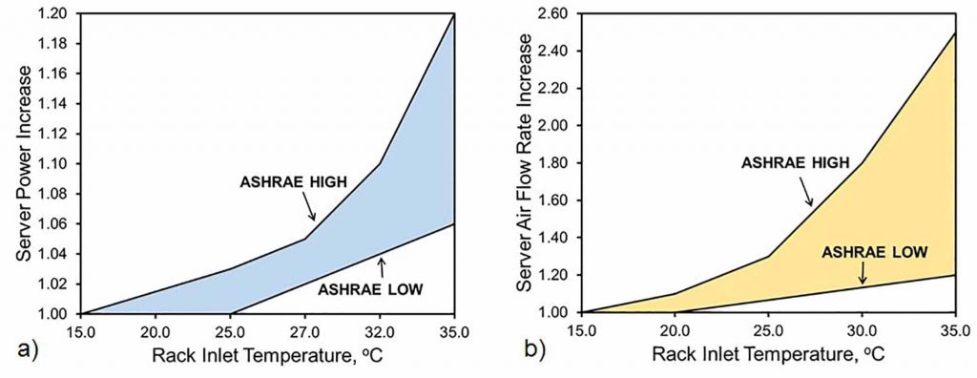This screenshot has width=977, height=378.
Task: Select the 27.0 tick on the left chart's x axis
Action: pyautogui.click(x=304, y=330)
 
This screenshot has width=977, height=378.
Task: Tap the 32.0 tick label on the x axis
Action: pyautogui.click(x=379, y=330)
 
